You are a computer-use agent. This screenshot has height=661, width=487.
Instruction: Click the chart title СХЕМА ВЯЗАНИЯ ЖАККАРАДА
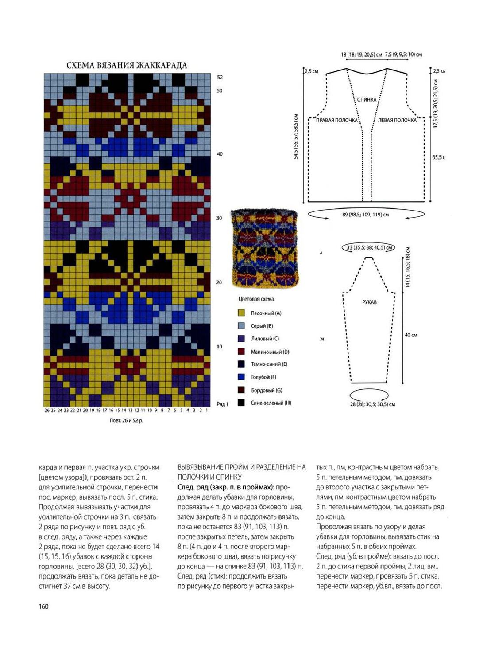pyautogui.click(x=127, y=66)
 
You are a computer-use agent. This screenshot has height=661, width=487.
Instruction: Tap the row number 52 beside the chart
pyautogui.click(x=220, y=77)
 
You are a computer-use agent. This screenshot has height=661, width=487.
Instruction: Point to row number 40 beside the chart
pyautogui.click(x=220, y=154)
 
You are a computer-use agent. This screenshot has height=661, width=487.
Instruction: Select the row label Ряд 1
pyautogui.click(x=222, y=404)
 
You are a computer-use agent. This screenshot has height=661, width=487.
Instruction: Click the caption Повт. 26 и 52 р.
pyautogui.click(x=126, y=420)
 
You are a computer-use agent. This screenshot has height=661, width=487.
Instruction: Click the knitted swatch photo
pyautogui.click(x=265, y=247)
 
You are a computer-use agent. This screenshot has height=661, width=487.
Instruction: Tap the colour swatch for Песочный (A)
pyautogui.click(x=241, y=313)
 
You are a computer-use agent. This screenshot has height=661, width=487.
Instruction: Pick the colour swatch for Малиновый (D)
pyautogui.click(x=241, y=352)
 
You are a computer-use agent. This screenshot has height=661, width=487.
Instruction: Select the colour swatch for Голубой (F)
pyautogui.click(x=241, y=377)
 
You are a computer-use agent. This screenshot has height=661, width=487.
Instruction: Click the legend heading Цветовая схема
pyautogui.click(x=256, y=299)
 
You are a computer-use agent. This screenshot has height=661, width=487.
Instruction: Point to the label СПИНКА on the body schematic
pyautogui.click(x=367, y=100)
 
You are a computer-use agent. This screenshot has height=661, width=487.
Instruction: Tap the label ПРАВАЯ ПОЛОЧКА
pyautogui.click(x=336, y=120)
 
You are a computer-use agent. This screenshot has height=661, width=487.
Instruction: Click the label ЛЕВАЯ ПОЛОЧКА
pyautogui.click(x=397, y=120)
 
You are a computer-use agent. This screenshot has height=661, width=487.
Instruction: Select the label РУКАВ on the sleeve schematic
pyautogui.click(x=369, y=302)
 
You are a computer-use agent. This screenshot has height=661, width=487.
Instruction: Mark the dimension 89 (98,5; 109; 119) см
pyautogui.click(x=365, y=215)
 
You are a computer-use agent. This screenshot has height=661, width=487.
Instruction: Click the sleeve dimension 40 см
pyautogui.click(x=411, y=335)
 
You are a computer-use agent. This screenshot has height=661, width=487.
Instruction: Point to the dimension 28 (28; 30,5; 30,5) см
pyautogui.click(x=372, y=404)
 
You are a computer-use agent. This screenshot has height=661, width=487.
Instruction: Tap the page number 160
pyautogui.click(x=43, y=606)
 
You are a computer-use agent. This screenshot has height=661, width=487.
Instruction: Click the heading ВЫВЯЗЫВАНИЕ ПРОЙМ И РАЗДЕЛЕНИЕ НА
pyautogui.click(x=242, y=467)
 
